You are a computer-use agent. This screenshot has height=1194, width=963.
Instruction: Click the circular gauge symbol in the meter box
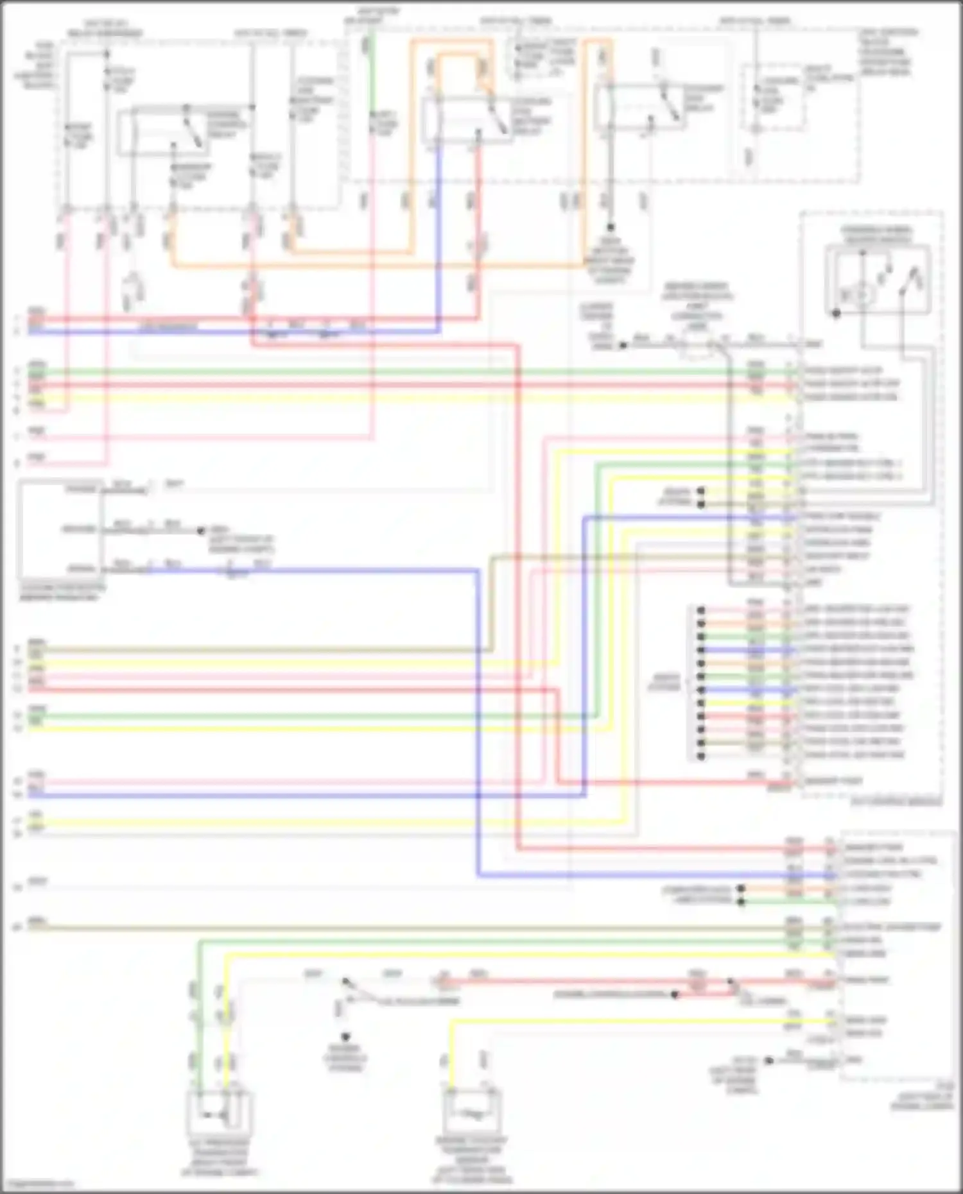point(860,294)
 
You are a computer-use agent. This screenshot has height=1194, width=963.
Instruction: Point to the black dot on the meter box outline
point(836,313)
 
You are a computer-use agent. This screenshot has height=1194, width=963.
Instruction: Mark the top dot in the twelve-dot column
point(701,610)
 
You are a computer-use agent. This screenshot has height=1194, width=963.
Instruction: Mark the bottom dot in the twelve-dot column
point(701,756)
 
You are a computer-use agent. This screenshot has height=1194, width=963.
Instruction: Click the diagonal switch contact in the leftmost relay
point(193,128)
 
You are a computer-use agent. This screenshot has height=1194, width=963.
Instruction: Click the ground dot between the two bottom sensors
point(345,1037)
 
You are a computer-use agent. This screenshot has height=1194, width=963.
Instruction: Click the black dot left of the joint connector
point(622,345)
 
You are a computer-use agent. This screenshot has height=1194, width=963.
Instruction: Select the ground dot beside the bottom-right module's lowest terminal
point(768,1060)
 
